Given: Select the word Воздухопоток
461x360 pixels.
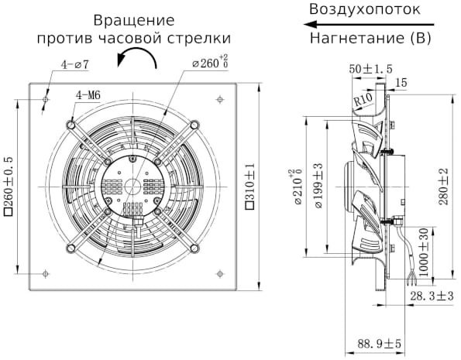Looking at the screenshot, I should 364,10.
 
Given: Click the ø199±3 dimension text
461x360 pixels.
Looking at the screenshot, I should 318,187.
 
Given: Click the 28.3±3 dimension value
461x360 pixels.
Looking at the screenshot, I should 430,297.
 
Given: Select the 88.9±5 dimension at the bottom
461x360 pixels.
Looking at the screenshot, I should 379,344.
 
